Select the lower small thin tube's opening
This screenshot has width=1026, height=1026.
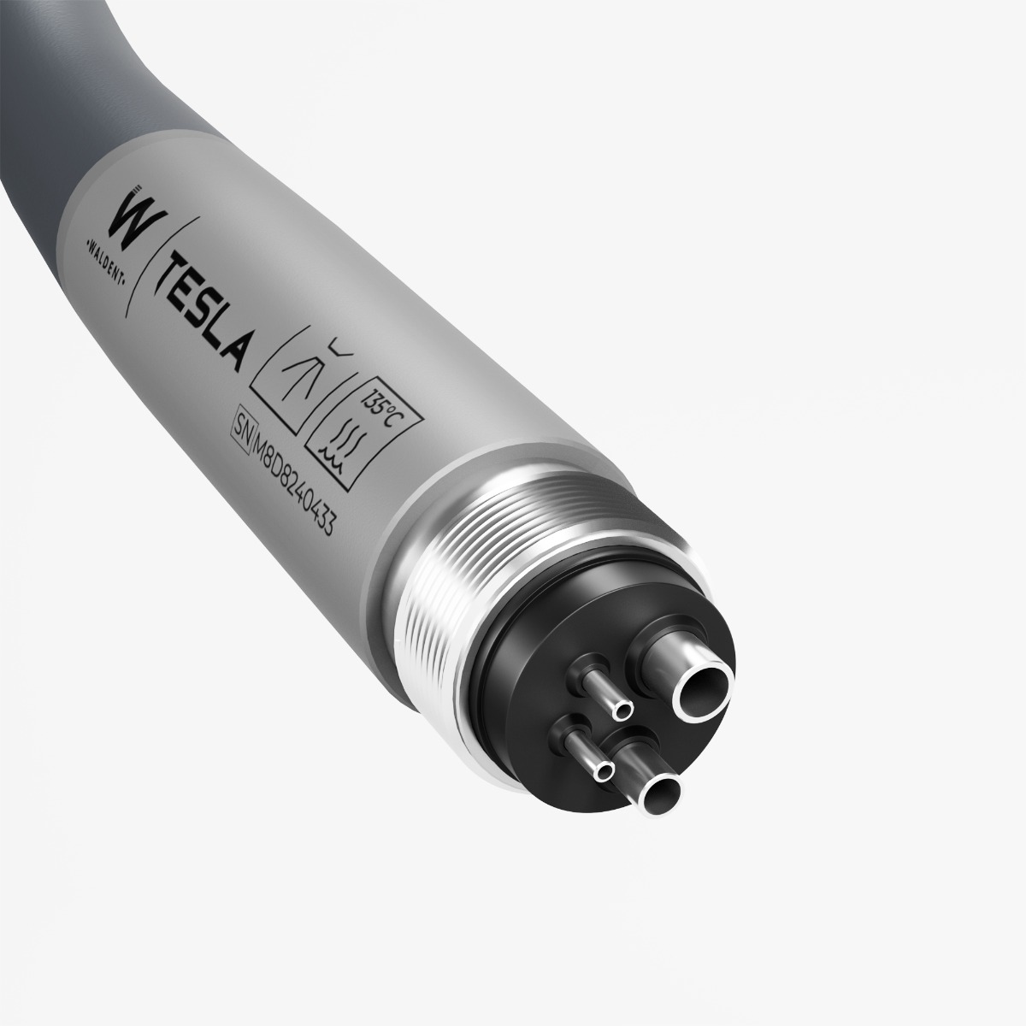pyautogui.click(x=605, y=771)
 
